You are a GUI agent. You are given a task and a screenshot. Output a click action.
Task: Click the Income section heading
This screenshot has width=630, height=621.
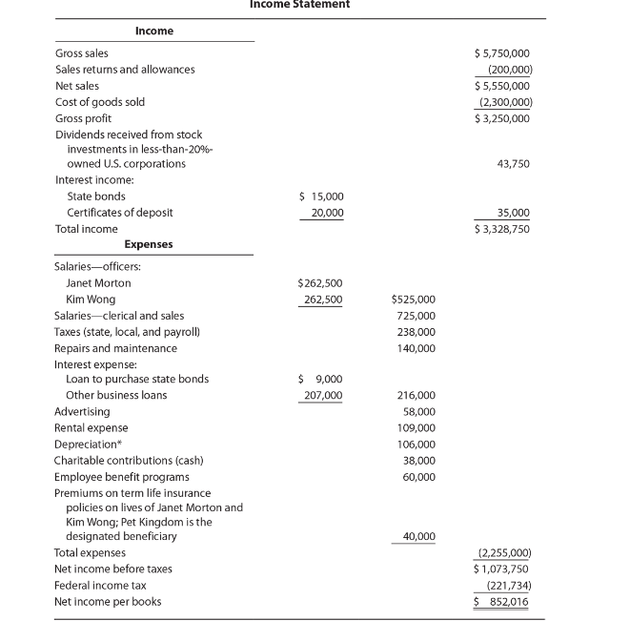[x=154, y=31]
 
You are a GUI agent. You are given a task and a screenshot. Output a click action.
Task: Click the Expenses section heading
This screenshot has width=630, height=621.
[x=149, y=244]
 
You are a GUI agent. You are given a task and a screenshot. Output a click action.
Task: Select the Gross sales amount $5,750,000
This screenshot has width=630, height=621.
[x=502, y=53]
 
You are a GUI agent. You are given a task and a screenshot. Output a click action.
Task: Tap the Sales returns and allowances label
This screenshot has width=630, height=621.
[x=125, y=70]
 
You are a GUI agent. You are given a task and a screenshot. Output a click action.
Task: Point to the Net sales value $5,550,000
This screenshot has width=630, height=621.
[x=502, y=86]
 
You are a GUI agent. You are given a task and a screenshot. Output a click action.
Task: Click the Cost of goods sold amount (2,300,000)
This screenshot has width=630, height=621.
[x=504, y=102]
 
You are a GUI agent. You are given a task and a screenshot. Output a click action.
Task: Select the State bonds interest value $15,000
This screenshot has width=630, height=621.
[x=321, y=197]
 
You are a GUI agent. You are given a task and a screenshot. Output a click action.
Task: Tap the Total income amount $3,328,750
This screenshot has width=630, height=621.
[x=502, y=229]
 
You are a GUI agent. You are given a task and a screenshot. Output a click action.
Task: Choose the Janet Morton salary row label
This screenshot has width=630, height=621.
[x=98, y=283]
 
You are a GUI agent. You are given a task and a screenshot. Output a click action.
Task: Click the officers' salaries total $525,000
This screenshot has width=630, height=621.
[x=414, y=300]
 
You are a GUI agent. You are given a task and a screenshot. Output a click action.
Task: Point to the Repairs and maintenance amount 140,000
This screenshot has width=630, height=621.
[x=417, y=348]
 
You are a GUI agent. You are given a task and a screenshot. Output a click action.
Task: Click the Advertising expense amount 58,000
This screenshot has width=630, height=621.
[x=419, y=411]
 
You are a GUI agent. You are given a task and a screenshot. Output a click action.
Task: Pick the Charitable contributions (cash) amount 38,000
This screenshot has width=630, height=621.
[x=419, y=461]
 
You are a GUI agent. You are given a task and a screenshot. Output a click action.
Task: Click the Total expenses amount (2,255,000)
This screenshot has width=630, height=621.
[x=503, y=553]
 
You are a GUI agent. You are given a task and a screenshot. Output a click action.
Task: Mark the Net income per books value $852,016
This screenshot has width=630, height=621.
[x=502, y=602]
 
